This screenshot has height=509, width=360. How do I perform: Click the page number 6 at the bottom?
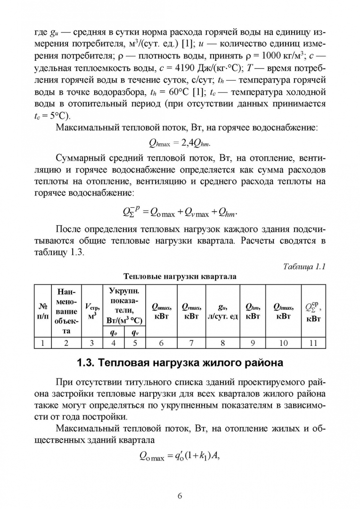tap(180, 495)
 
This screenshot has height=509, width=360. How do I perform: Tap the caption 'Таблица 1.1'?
tap(304, 266)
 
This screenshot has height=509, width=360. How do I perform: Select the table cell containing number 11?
tap(313, 343)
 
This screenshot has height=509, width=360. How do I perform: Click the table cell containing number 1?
tap(43, 343)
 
